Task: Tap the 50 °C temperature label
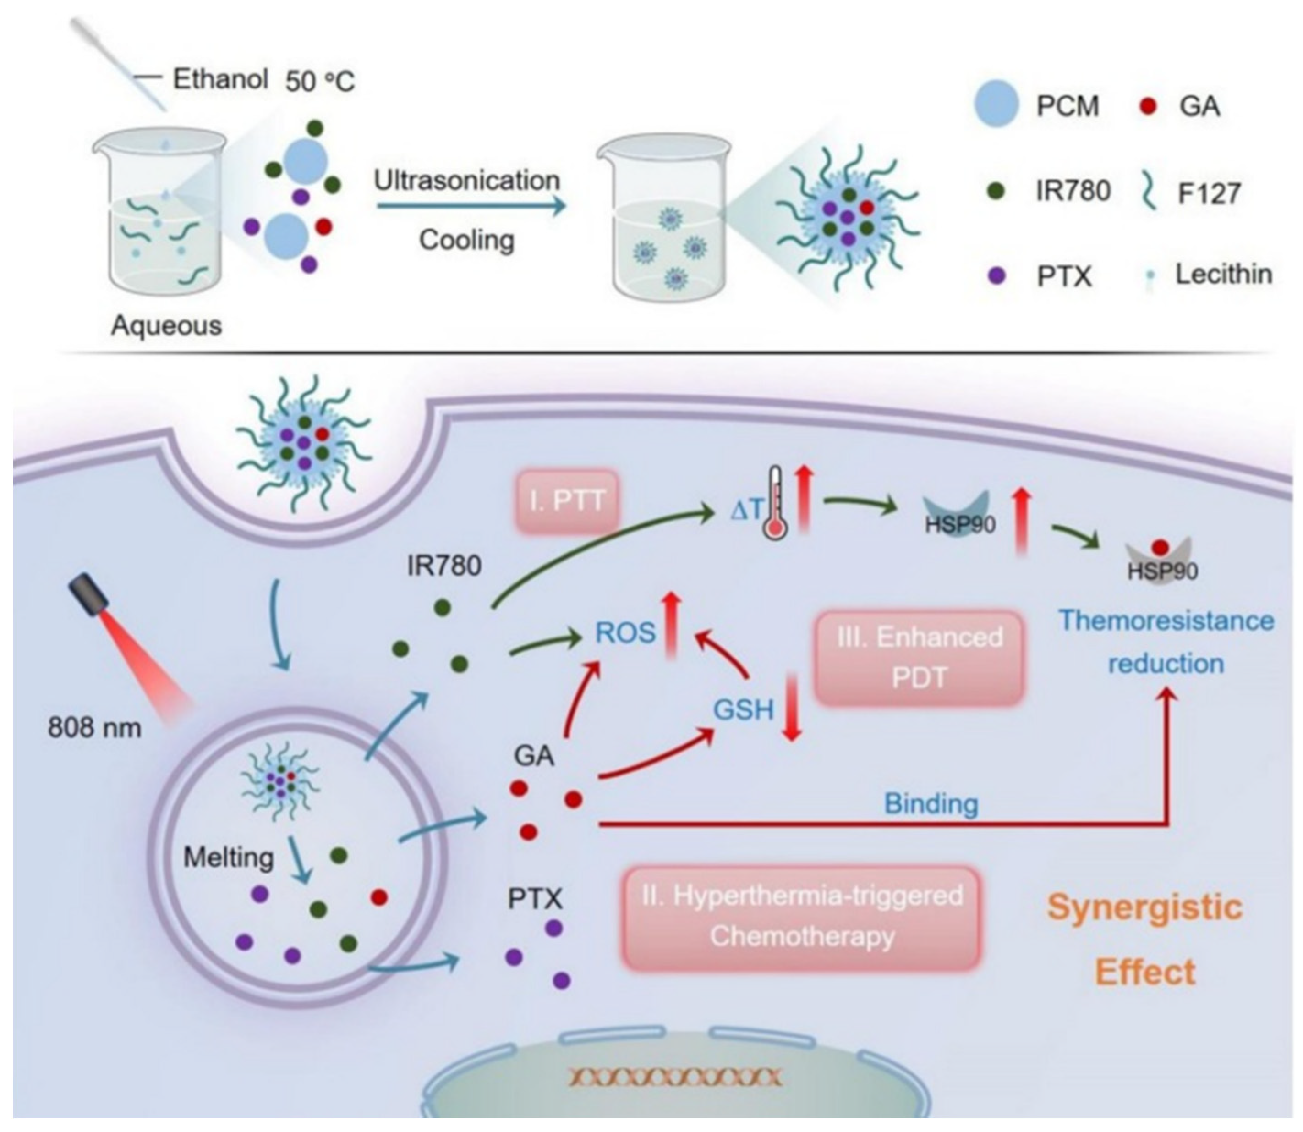pyautogui.click(x=320, y=82)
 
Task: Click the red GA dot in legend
pyautogui.click(x=1148, y=107)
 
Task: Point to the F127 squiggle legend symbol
pyautogui.click(x=1150, y=192)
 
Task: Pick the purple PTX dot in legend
pyautogui.click(x=996, y=275)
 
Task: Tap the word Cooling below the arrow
pyautogui.click(x=467, y=240)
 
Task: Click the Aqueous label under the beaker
pyautogui.click(x=167, y=326)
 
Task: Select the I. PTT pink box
pyautogui.click(x=568, y=501)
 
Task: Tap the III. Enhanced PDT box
pyautogui.click(x=919, y=657)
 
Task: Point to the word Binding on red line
pyautogui.click(x=931, y=803)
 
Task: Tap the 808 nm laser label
pyautogui.click(x=95, y=728)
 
